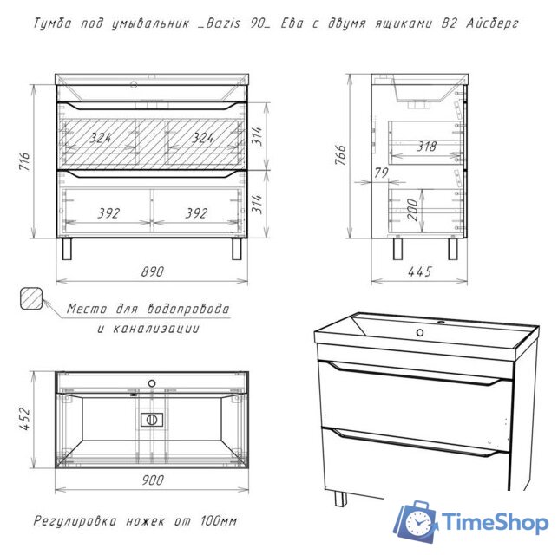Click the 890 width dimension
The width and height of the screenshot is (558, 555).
pyautogui.click(x=153, y=271)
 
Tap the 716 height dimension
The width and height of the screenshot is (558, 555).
pyautogui.click(x=24, y=161)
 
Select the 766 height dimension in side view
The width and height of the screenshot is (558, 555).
pyautogui.click(x=340, y=154)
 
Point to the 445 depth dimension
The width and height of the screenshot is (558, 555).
pyautogui.click(x=420, y=271)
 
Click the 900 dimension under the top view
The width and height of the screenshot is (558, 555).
pyautogui.click(x=153, y=480)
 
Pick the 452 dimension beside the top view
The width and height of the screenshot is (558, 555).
pyautogui.click(x=24, y=419)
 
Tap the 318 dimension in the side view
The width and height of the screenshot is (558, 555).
pyautogui.click(x=426, y=147)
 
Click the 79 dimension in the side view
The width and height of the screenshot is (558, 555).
pyautogui.click(x=381, y=173)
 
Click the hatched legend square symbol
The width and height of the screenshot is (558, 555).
pyautogui.click(x=31, y=298)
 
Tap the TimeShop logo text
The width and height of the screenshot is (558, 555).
pyautogui.click(x=495, y=523)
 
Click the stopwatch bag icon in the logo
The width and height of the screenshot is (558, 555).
pyautogui.click(x=416, y=521)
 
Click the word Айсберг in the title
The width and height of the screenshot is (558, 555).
pyautogui.click(x=492, y=23)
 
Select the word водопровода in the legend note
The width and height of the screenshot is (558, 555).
pyautogui.click(x=188, y=308)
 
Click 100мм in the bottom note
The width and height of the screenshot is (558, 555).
pyautogui.click(x=219, y=521)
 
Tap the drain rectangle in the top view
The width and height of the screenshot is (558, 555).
pyautogui.click(x=152, y=420)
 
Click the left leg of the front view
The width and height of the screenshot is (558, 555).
pyautogui.click(x=67, y=249)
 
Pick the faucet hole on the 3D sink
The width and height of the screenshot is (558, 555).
pyautogui.click(x=420, y=332)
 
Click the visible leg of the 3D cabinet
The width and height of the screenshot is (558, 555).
pyautogui.click(x=340, y=498)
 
